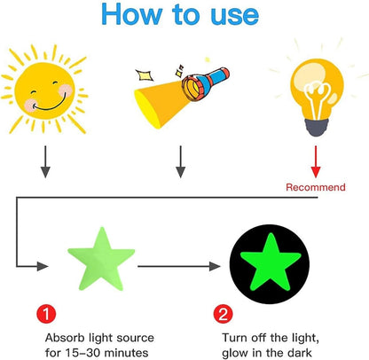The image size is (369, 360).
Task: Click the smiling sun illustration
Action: pyautogui.click(x=44, y=90)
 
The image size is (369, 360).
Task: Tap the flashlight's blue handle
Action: pyautogui.click(x=215, y=77)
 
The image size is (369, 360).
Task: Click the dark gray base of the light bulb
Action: pyautogui.click(x=317, y=127)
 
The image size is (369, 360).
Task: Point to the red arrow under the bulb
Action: pyautogui.click(x=316, y=161)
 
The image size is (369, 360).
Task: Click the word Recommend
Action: pyautogui.click(x=316, y=187)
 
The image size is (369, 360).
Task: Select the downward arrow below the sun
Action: pyautogui.click(x=45, y=161)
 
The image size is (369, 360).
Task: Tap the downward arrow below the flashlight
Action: pyautogui.click(x=180, y=161)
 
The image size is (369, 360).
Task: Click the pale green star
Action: pyautogui.click(x=101, y=260)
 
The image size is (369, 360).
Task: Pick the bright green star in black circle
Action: pyautogui.click(x=271, y=263)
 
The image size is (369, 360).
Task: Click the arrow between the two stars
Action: pyautogui.click(x=179, y=266)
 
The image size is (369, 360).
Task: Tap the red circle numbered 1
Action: pyautogui.click(x=46, y=314)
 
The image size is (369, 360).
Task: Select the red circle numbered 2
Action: pyautogui.click(x=223, y=314)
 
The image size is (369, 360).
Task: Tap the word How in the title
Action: pyautogui.click(x=131, y=14)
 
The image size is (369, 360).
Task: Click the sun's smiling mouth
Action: pyautogui.click(x=50, y=105)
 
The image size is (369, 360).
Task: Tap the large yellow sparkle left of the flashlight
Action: pyautogui.click(x=145, y=75)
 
